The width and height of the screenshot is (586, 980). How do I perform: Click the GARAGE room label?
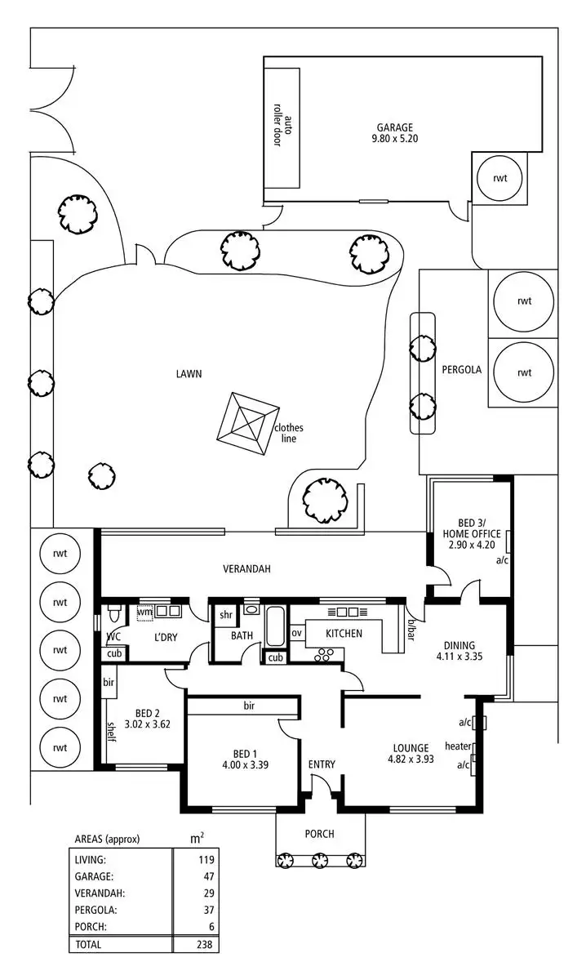(x=395, y=127)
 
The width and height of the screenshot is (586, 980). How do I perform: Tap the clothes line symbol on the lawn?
(x=248, y=424)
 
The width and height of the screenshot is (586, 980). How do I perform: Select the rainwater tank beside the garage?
(x=499, y=178)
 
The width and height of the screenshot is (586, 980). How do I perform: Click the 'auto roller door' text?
(x=282, y=131)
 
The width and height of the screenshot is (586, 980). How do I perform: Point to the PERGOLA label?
(x=461, y=370)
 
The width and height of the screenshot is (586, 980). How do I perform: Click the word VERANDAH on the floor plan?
(x=246, y=568)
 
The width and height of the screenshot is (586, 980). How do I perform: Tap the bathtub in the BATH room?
(x=275, y=626)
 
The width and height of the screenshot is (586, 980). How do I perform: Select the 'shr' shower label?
(x=225, y=615)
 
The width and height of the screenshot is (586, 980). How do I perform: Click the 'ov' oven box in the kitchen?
(x=296, y=633)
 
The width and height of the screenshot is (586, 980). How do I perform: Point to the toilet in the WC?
(x=114, y=613)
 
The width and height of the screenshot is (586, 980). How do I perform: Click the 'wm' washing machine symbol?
(x=144, y=611)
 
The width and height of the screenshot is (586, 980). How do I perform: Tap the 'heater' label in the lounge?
(x=458, y=746)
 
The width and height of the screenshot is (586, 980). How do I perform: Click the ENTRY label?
(x=322, y=764)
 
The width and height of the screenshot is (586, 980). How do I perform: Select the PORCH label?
(x=320, y=834)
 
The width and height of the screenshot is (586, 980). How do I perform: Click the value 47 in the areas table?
(x=209, y=876)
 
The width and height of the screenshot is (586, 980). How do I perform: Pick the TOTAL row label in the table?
(x=88, y=945)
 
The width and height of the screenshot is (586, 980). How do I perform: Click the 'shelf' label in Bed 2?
(x=112, y=732)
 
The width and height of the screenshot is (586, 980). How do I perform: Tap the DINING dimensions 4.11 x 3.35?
(x=459, y=657)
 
